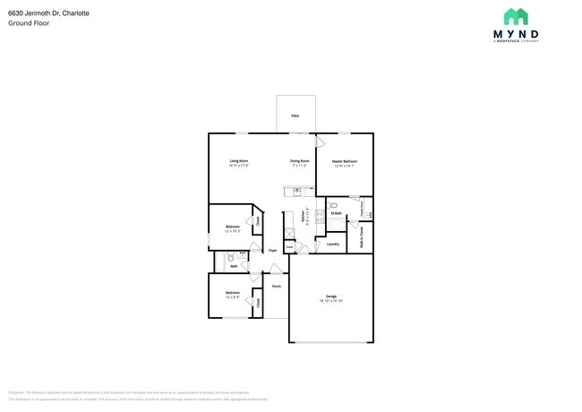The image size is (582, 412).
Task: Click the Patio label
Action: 295,116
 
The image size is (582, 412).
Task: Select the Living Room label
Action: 238,161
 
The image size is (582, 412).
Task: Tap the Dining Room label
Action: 299,161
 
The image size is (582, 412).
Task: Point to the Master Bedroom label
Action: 345,161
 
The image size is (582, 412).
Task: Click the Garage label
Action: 330,296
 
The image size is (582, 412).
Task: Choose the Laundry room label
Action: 332,244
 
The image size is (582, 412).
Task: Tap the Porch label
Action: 277,287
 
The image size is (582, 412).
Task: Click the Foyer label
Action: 272,251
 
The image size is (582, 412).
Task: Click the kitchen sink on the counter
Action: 294,190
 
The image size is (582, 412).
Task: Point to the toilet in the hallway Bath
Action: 228,257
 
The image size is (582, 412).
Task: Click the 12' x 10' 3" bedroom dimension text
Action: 233,231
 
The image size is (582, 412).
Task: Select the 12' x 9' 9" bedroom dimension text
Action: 233,297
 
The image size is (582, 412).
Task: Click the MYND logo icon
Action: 515,16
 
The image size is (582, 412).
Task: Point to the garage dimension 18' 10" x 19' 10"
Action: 330,301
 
